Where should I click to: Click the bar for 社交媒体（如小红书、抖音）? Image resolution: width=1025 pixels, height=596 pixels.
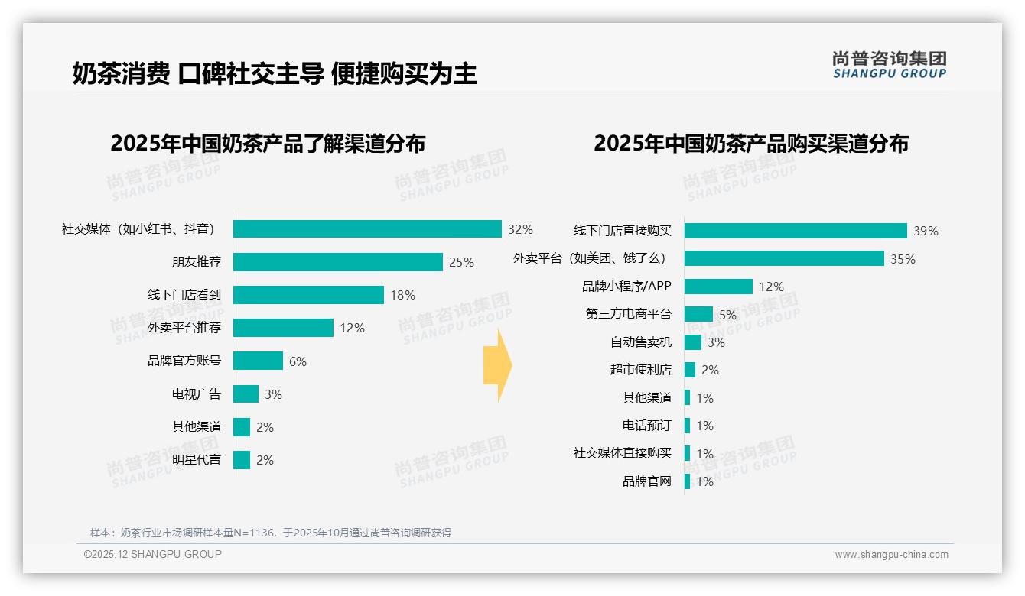pyautogui.click(x=367, y=229)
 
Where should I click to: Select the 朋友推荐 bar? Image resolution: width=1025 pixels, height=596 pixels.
pyautogui.click(x=337, y=262)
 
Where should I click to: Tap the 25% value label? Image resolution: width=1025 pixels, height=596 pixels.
pyautogui.click(x=461, y=262)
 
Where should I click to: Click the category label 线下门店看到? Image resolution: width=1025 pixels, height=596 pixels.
pyautogui.click(x=184, y=295)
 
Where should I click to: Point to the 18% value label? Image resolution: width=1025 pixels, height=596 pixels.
pyautogui.click(x=402, y=295)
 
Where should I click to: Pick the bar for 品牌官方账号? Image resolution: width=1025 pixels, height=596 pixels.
pyautogui.click(x=258, y=361)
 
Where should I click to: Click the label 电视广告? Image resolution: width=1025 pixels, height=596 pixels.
pyautogui.click(x=197, y=394)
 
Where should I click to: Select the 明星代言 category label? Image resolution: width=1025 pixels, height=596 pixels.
pyautogui.click(x=197, y=460)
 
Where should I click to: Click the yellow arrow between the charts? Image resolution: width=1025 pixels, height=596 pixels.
pyautogui.click(x=498, y=366)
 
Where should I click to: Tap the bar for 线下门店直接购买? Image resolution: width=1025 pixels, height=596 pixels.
pyautogui.click(x=796, y=231)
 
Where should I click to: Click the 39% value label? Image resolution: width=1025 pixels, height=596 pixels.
pyautogui.click(x=926, y=231)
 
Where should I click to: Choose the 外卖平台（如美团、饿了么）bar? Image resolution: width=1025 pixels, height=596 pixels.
pyautogui.click(x=784, y=258)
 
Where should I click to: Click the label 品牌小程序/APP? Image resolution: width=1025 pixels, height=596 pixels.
pyautogui.click(x=626, y=287)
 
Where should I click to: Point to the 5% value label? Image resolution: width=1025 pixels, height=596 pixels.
pyautogui.click(x=727, y=315)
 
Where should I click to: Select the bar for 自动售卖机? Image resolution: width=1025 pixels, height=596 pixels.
pyautogui.click(x=693, y=342)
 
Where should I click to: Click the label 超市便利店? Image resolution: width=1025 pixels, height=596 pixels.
pyautogui.click(x=641, y=370)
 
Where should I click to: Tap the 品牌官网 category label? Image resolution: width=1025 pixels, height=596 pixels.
pyautogui.click(x=647, y=481)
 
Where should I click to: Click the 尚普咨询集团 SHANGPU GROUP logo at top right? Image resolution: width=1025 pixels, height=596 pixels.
pyautogui.click(x=890, y=64)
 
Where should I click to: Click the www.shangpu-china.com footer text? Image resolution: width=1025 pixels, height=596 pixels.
pyautogui.click(x=891, y=555)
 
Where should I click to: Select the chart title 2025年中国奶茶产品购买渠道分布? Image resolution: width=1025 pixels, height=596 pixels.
pyautogui.click(x=751, y=144)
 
